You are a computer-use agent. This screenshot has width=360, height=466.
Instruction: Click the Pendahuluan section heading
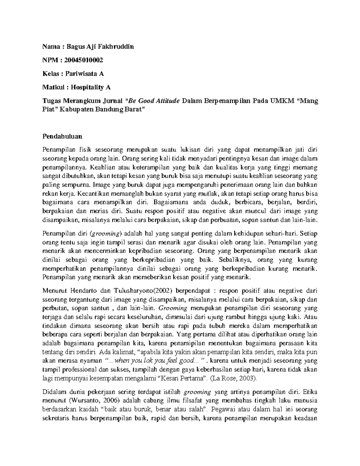(62, 136)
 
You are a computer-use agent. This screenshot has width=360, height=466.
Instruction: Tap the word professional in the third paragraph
(75, 369)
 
